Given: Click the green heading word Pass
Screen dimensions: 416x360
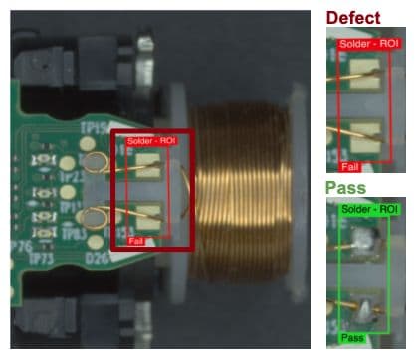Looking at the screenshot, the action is click(x=346, y=188).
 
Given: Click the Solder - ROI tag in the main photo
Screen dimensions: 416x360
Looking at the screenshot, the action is click(x=151, y=142).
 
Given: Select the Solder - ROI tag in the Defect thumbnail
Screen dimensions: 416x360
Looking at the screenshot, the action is click(x=368, y=45).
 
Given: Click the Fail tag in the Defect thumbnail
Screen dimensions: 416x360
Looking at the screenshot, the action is click(x=349, y=166).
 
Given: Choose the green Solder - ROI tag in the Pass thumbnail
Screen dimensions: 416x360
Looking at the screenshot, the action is click(x=368, y=209).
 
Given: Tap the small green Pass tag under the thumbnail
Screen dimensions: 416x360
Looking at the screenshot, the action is click(x=353, y=338).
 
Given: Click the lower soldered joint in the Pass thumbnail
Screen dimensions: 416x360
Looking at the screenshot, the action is click(x=365, y=309).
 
